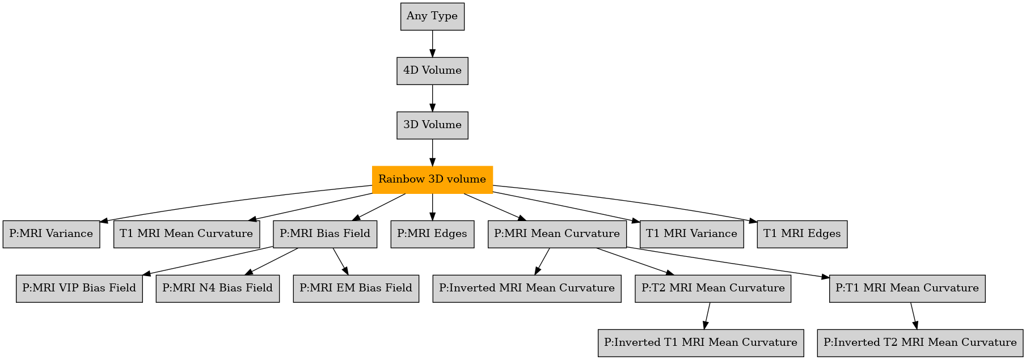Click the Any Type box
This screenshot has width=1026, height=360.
coord(432,16)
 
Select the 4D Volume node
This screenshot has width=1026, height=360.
coord(432,71)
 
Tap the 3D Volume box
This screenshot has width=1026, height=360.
coord(432,125)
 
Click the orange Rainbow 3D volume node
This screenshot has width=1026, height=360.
coord(432,180)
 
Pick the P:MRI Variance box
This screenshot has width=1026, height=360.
coord(51,234)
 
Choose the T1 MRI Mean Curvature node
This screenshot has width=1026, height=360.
coord(187,234)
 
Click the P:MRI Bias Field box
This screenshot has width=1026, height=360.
coord(325,234)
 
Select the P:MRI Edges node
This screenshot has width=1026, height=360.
coord(432,234)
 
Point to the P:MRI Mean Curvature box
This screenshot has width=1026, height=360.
coord(557,234)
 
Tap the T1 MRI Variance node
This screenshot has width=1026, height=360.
coord(691,234)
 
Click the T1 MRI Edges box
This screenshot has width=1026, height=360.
coord(802,234)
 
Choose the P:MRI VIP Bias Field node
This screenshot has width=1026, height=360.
coord(79,289)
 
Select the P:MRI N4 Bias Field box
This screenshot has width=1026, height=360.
coord(218,289)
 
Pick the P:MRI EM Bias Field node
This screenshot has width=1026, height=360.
coord(356,289)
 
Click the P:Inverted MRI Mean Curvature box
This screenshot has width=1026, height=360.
coord(527,289)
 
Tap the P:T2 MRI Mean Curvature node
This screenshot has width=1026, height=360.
coord(713,289)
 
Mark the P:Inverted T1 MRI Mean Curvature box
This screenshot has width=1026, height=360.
coord(701,343)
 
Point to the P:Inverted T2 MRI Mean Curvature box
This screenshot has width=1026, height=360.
coord(921,343)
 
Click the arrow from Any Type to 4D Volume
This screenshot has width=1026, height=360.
coord(432,44)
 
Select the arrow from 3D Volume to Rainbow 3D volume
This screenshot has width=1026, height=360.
coord(432,153)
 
